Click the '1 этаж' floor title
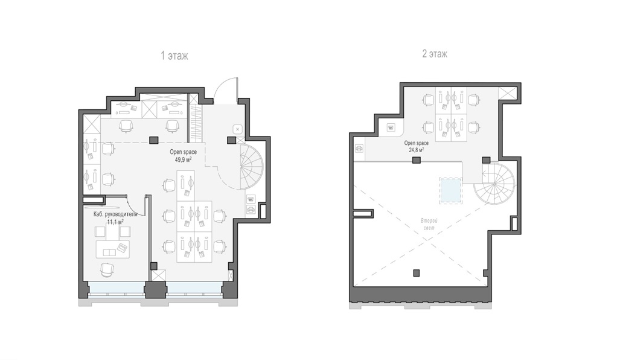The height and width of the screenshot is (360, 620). [x=174, y=56]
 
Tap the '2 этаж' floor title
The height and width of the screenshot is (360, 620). [x=435, y=53]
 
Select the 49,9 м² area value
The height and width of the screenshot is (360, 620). [x=184, y=159]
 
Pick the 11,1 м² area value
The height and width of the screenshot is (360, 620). [x=115, y=222]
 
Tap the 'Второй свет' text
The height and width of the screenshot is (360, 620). [x=429, y=225]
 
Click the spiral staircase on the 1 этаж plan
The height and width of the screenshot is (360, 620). [x=251, y=167]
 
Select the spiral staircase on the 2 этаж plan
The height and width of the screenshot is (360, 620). [x=494, y=184]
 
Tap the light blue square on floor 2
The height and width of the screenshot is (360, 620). [x=450, y=191]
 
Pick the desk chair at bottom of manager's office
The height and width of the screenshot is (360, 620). [x=107, y=270]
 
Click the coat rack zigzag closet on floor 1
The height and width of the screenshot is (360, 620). [x=194, y=118]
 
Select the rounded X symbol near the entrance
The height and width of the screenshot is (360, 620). [x=237, y=129]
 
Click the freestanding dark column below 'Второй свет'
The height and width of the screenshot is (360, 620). [x=416, y=272]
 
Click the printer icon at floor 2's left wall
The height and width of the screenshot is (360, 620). [x=359, y=148]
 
